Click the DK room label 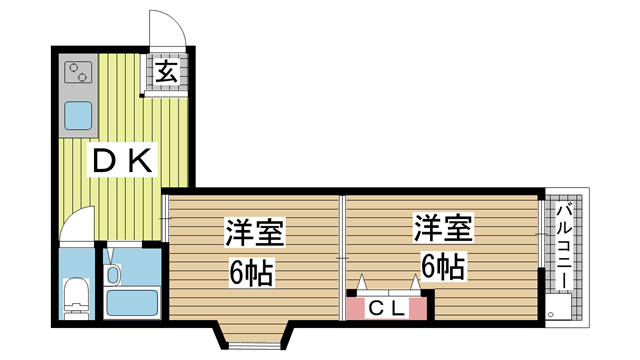(123, 161)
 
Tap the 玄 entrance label (167, 72)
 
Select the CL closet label (386, 309)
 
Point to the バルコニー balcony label (565, 246)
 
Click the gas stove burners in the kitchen (78, 72)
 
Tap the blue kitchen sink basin (78, 115)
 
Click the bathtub (132, 302)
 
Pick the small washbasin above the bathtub (113, 274)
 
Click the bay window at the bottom (255, 338)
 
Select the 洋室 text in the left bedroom (254, 232)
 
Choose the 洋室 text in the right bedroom (443, 227)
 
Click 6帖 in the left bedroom (251, 273)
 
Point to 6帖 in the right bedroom (443, 266)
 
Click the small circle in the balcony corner (550, 314)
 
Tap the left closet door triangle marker (361, 282)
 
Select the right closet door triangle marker (415, 282)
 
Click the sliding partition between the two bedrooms (342, 258)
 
